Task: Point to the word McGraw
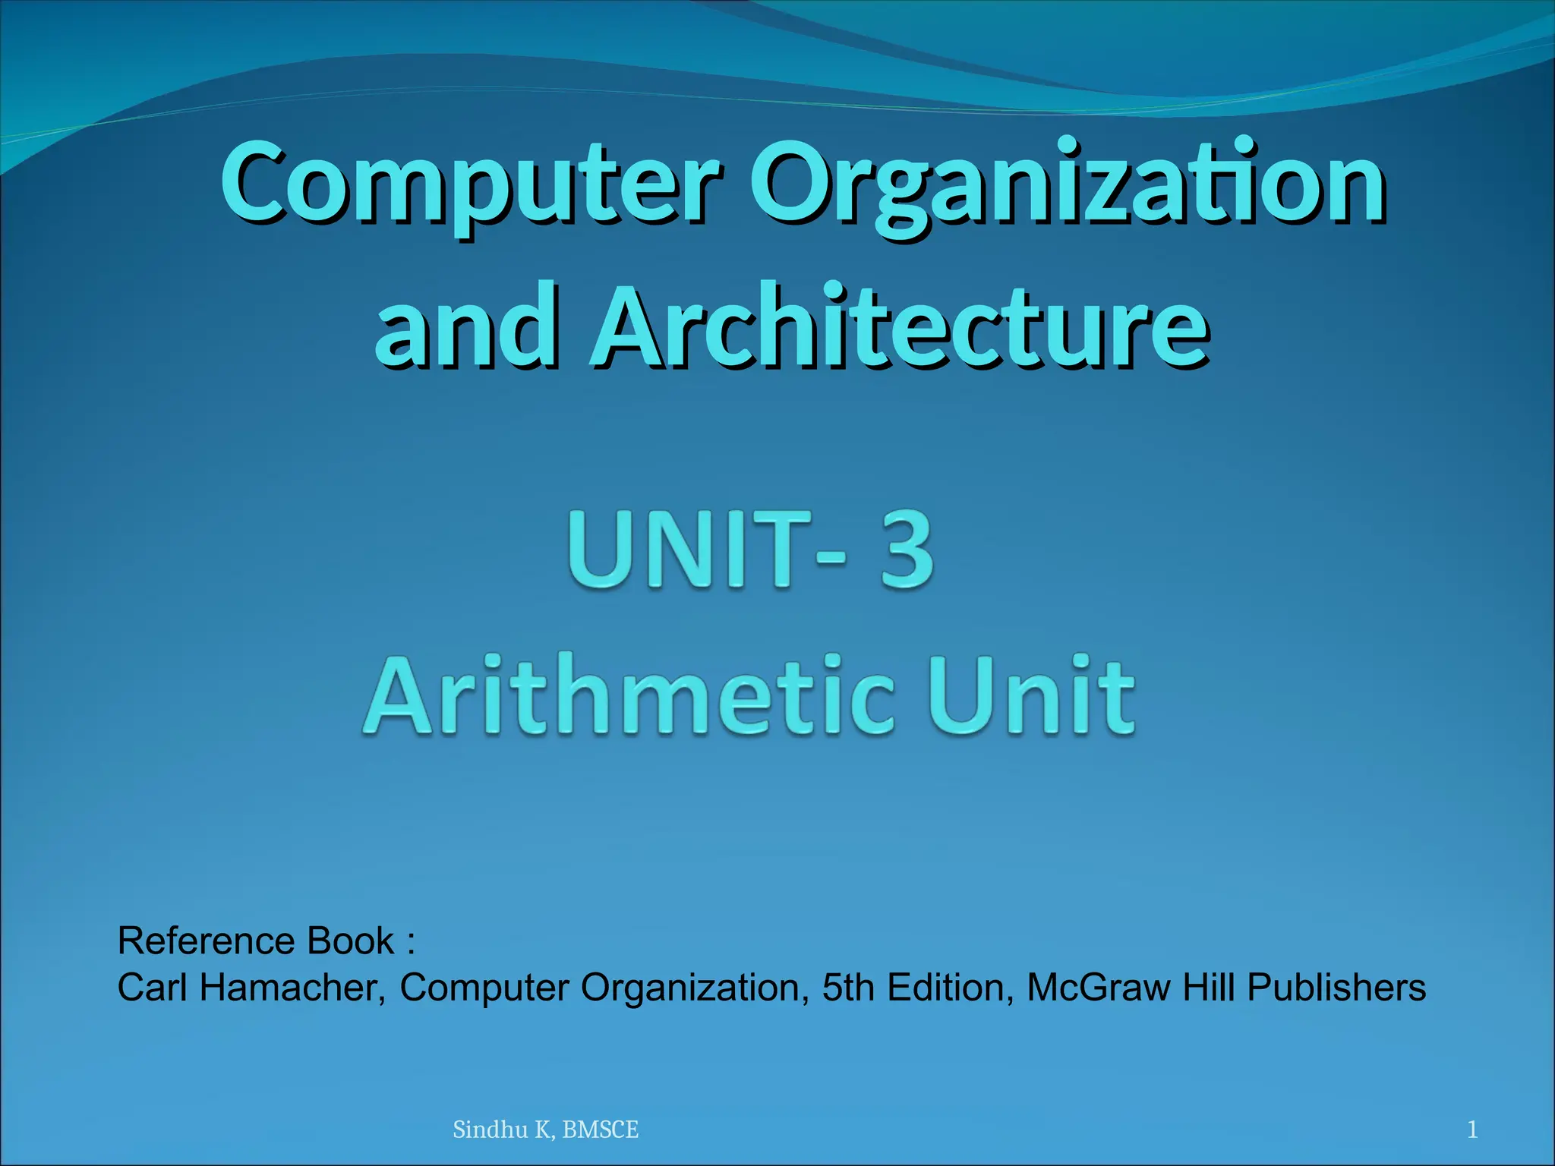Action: pos(1098,988)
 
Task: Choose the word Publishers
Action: pos(1336,988)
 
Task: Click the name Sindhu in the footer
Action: pos(490,1130)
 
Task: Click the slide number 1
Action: pos(1472,1130)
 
